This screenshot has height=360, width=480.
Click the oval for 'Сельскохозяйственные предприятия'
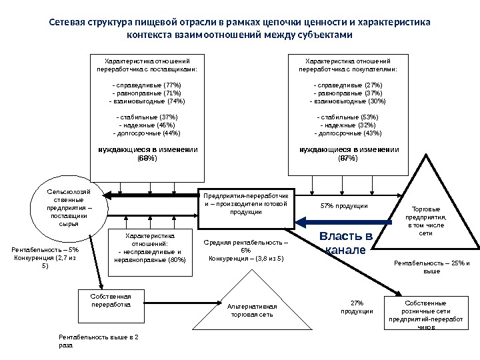(x=65, y=207)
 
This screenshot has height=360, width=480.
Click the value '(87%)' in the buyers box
(x=347, y=159)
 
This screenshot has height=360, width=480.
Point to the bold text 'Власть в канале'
(x=345, y=243)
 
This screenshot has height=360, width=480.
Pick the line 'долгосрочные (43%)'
(x=347, y=133)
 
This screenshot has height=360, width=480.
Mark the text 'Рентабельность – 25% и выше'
(x=431, y=267)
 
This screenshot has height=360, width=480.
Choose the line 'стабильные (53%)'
(x=347, y=117)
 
